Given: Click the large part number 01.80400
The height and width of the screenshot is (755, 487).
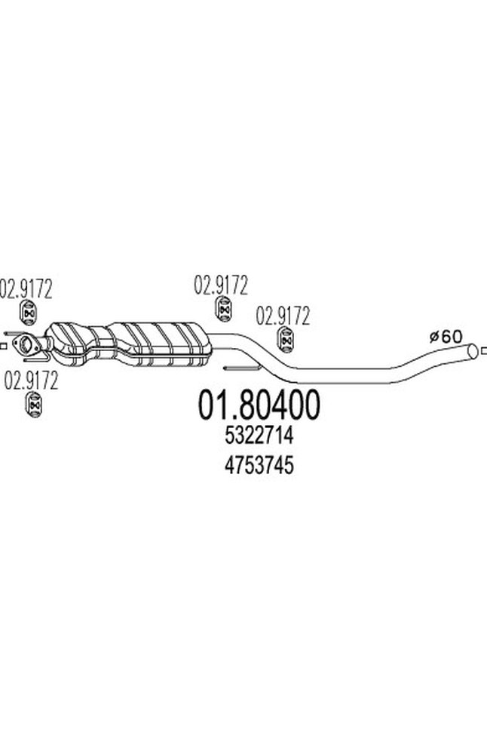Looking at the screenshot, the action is click(258, 405).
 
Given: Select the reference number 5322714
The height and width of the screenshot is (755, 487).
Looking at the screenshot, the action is click(259, 436).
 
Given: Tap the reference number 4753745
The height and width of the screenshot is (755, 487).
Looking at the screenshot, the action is click(259, 466).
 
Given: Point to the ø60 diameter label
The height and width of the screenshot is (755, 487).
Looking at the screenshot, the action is click(446, 336).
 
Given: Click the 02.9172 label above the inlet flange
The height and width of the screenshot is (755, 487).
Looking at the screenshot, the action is click(26, 288).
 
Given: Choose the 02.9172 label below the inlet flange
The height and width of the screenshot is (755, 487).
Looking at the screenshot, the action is click(31, 380).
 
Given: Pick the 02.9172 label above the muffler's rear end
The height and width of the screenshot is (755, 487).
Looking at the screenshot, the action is click(221, 285).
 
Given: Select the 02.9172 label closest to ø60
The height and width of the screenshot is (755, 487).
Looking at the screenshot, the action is click(283, 316).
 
